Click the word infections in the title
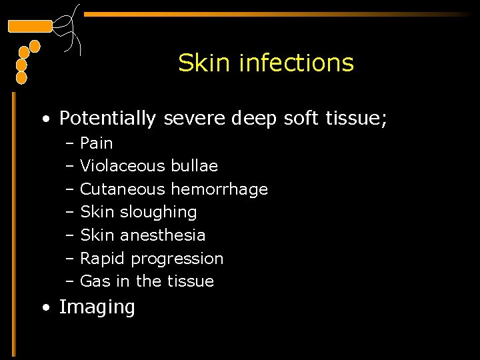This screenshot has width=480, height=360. coord(296,63)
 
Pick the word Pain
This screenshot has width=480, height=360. coord(97,143)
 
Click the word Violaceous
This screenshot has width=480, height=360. coord(123,165)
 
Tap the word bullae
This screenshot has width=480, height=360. coord(195,165)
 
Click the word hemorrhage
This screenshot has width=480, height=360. coord(219,189)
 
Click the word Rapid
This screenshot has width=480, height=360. coord(103,259)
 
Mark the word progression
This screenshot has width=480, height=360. coord(177,259)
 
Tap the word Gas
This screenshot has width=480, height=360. coord(95,281)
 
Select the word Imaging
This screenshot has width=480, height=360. coord(97,307)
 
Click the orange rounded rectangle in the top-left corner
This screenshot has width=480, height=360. coord(29,27)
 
